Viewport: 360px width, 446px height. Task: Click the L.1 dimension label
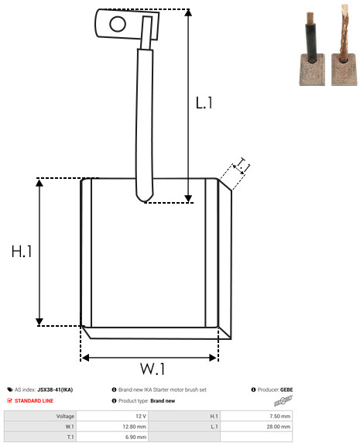point(204,103)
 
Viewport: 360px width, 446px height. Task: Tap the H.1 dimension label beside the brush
point(22,252)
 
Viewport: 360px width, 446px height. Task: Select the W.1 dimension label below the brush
point(153,369)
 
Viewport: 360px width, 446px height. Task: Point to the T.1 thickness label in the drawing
point(242,166)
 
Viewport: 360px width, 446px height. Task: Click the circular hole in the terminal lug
point(118,24)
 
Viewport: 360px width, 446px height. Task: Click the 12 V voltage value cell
point(141,416)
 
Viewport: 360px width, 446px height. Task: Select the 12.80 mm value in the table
point(134,427)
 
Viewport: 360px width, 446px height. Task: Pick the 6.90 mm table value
point(135,437)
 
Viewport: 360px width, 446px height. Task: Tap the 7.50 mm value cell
point(279,416)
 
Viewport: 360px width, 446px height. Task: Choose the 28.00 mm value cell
point(279,427)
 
